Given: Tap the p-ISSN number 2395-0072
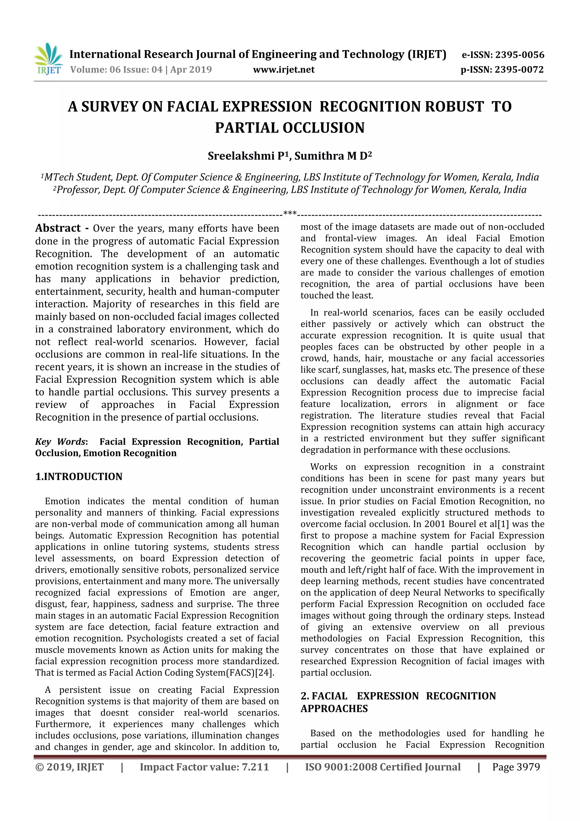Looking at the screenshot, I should pos(519,70).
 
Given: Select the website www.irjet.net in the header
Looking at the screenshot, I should pos(284,70).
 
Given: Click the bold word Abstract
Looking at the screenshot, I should pos(58,228).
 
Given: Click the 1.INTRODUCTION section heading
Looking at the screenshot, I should pos(79,477).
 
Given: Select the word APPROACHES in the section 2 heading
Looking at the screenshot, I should pos(334,708).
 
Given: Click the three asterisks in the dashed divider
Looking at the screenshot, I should pos(290,213).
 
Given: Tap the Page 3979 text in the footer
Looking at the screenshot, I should pos(516,767).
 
